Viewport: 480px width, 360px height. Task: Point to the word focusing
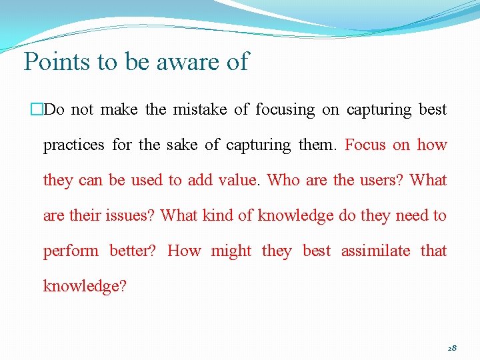[285, 109]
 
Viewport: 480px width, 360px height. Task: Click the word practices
[73, 145]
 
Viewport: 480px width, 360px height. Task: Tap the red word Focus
[365, 145]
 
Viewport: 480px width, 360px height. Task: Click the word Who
[283, 180]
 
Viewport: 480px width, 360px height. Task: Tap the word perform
[70, 251]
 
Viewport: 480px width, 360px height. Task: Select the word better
[133, 251]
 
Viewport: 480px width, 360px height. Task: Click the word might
[231, 251]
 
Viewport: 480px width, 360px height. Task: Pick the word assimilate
[375, 251]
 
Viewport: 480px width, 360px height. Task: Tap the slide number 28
[451, 348]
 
